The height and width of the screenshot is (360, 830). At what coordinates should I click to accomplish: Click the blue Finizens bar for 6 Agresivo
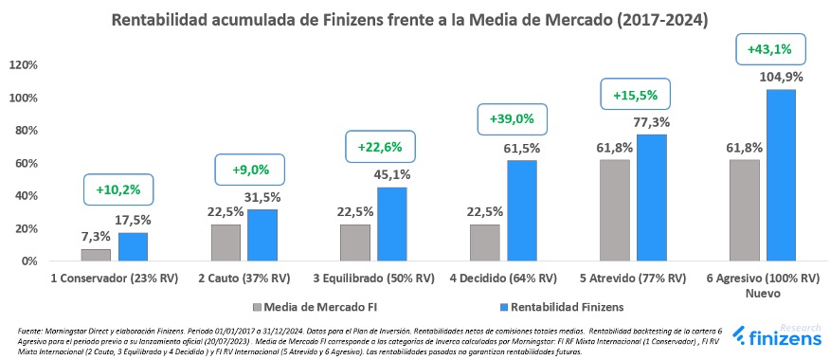point(781,175)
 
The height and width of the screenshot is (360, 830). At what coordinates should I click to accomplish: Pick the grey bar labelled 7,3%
point(96,255)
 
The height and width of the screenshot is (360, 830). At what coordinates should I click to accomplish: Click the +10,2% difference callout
point(118,189)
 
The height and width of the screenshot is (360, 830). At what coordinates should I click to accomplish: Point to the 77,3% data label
point(652,122)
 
